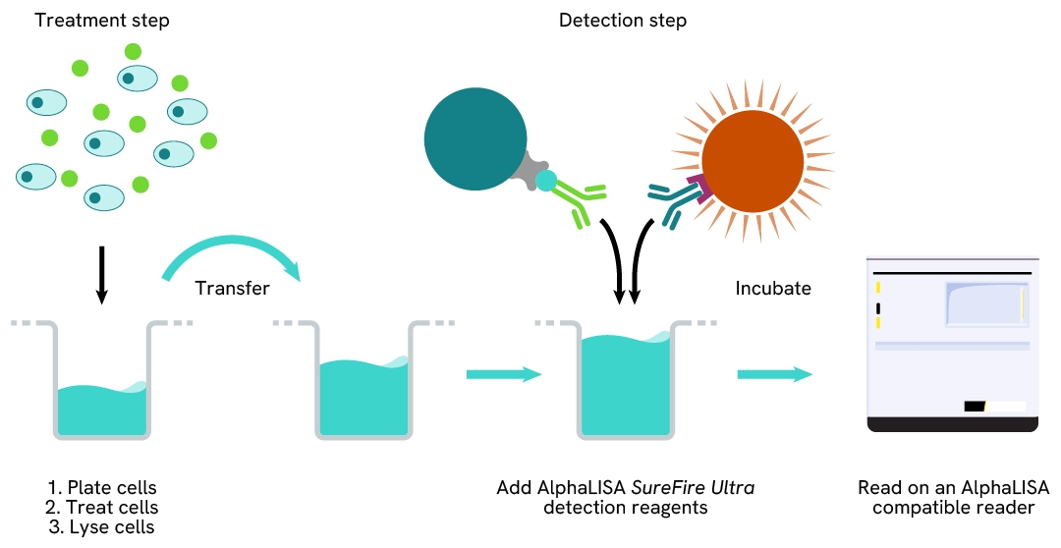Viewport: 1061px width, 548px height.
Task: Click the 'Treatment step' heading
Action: point(102,21)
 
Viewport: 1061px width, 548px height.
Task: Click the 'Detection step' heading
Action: point(623,21)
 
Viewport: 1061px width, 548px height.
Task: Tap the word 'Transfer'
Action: point(232,288)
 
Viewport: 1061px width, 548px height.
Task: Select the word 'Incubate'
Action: point(773,288)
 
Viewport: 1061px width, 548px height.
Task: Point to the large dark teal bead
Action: point(475,138)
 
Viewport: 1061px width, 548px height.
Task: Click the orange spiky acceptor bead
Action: point(753,161)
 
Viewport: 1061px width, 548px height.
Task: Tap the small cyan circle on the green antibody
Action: point(546,181)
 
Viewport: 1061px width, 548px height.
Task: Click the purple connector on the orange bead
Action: point(699,188)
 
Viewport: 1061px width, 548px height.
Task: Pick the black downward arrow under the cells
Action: point(101,275)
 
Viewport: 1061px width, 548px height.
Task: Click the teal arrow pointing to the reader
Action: point(775,374)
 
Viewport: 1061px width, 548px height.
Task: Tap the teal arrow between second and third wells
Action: point(504,374)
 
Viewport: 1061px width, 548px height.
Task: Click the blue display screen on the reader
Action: point(986,304)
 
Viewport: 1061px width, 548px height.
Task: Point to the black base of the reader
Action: point(953,424)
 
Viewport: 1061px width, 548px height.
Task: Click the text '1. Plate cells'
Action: point(102,488)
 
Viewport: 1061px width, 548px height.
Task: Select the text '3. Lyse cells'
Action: point(101,527)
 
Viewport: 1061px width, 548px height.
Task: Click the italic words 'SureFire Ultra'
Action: point(693,488)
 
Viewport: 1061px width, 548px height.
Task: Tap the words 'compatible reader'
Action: point(953,508)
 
